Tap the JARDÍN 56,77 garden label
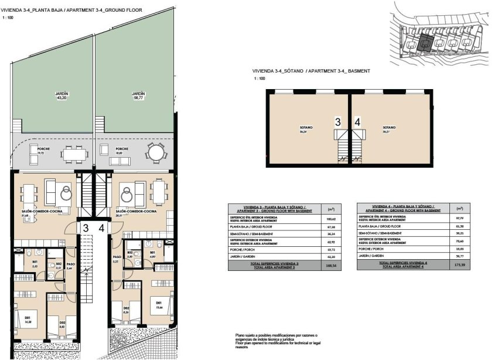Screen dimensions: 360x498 click(138, 96)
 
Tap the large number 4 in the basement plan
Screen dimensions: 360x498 click(357, 123)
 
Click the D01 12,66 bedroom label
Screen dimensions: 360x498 click(158, 305)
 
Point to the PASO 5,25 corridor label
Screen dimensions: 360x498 click(117, 259)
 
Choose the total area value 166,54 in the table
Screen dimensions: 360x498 click(330, 266)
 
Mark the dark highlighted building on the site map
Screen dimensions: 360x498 click(426, 43)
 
